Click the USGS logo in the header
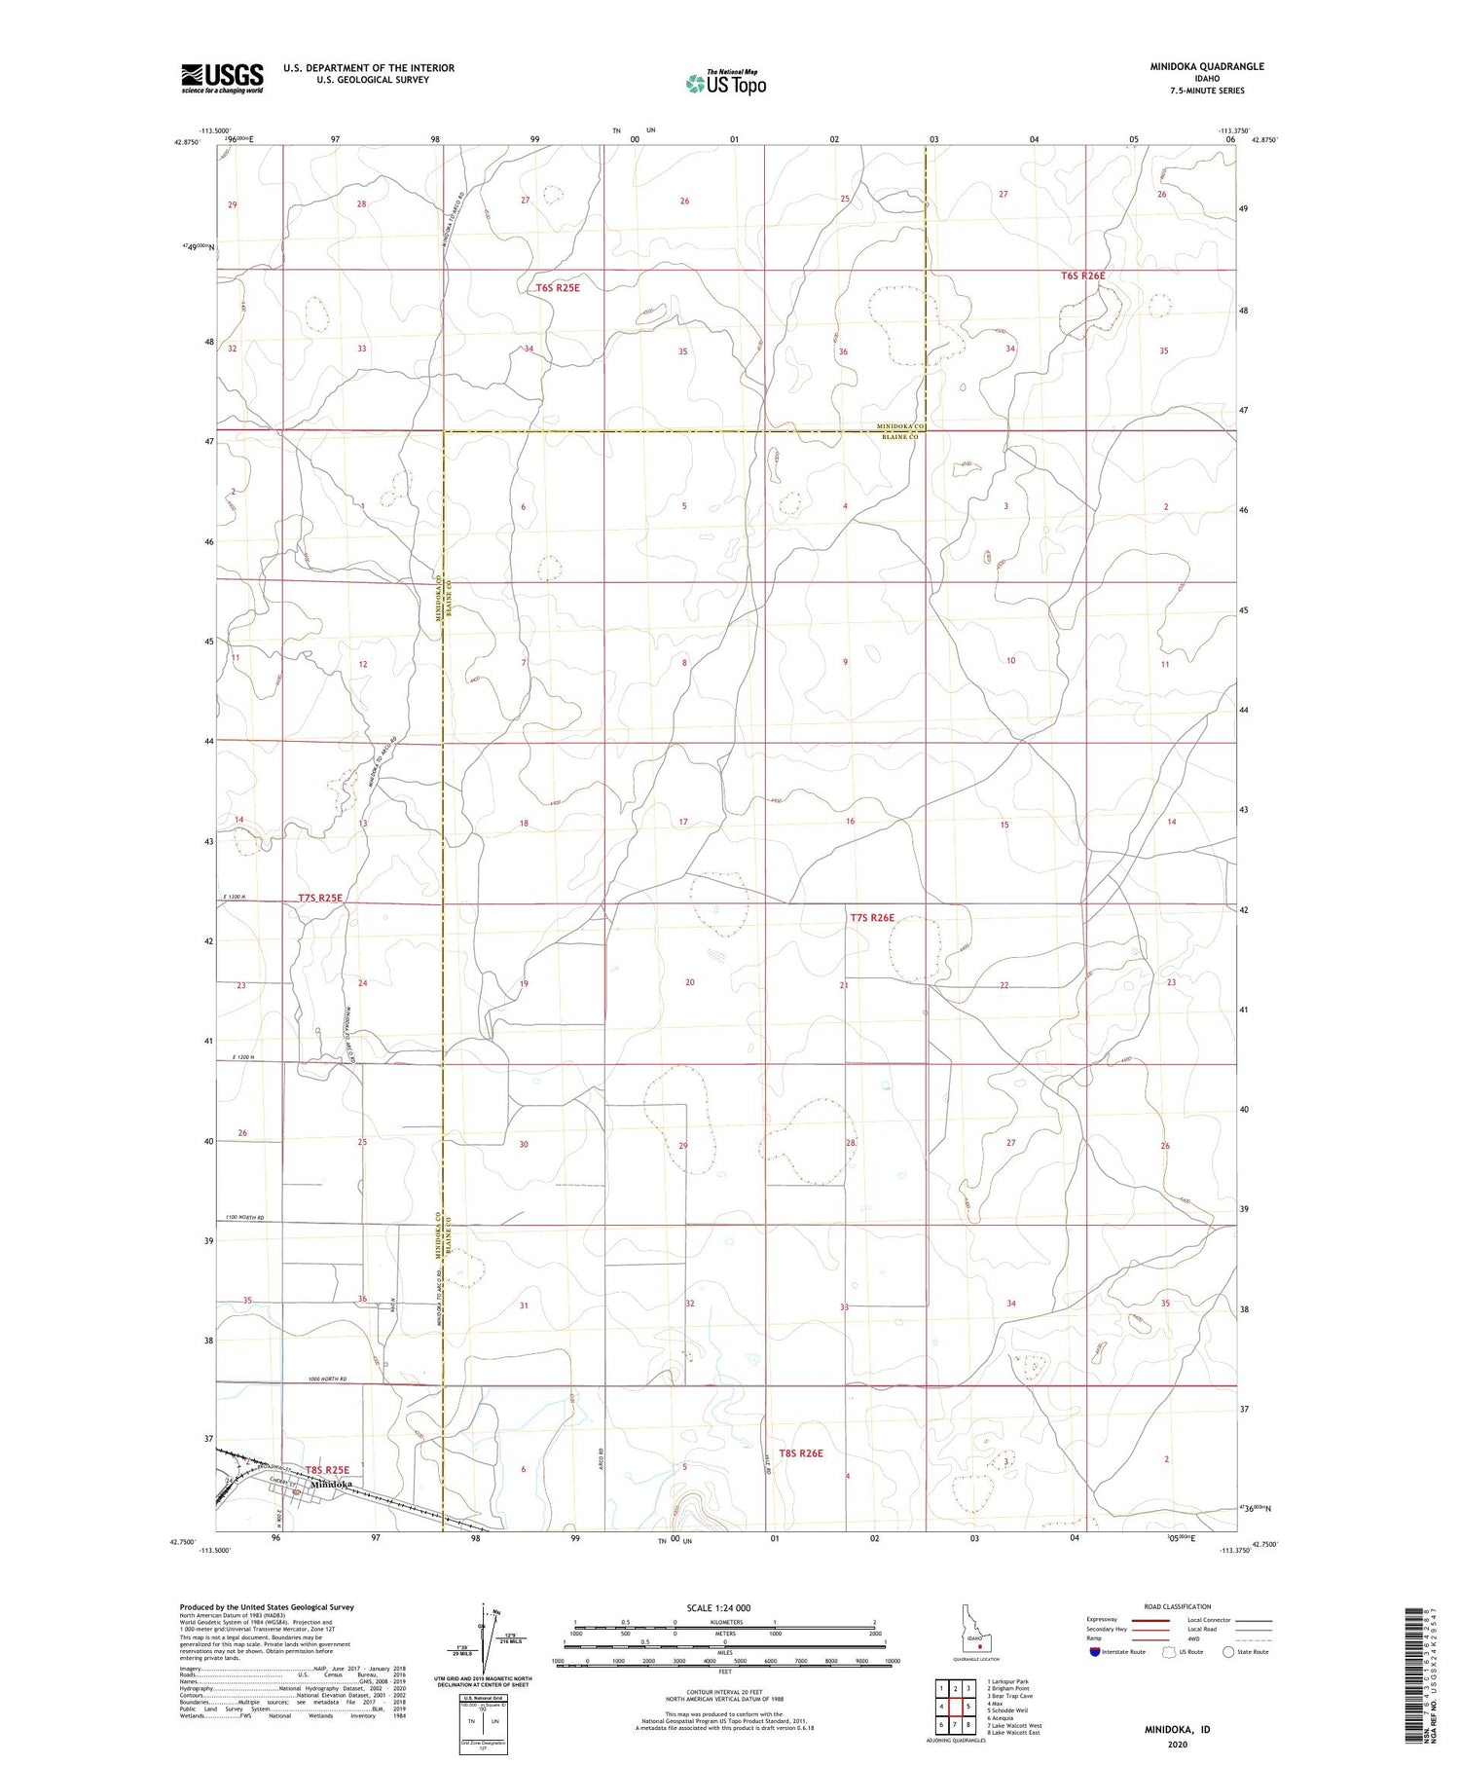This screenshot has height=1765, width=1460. tap(222, 78)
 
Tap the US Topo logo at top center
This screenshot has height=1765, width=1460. tap(725, 84)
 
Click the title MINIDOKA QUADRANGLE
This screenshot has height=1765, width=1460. tap(1206, 66)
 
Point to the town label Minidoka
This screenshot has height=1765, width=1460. tap(330, 1484)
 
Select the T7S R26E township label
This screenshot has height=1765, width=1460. tap(871, 917)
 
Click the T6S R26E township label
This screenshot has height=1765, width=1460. tap(1082, 276)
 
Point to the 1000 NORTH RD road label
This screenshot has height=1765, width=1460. tap(327, 1379)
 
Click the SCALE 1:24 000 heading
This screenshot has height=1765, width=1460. tap(725, 1607)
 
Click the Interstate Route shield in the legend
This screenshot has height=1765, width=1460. tap(1094, 1652)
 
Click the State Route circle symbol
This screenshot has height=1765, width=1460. tap(1228, 1652)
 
